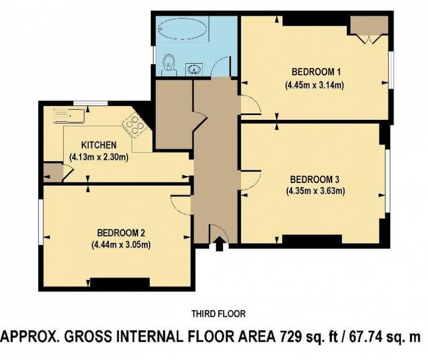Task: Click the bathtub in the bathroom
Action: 182,29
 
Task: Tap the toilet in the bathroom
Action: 169,65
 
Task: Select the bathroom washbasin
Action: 194,69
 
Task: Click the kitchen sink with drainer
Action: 69,116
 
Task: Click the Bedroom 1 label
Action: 316,72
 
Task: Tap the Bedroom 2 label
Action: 121,233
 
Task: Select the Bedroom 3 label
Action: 315,180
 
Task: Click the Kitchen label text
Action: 99,145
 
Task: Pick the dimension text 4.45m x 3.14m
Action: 315,85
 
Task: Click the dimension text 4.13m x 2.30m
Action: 99,157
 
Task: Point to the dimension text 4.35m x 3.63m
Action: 316,191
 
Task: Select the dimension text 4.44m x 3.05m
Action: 121,244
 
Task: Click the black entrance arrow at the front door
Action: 219,243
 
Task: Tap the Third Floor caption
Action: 218,314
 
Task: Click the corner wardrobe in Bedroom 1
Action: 369,27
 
